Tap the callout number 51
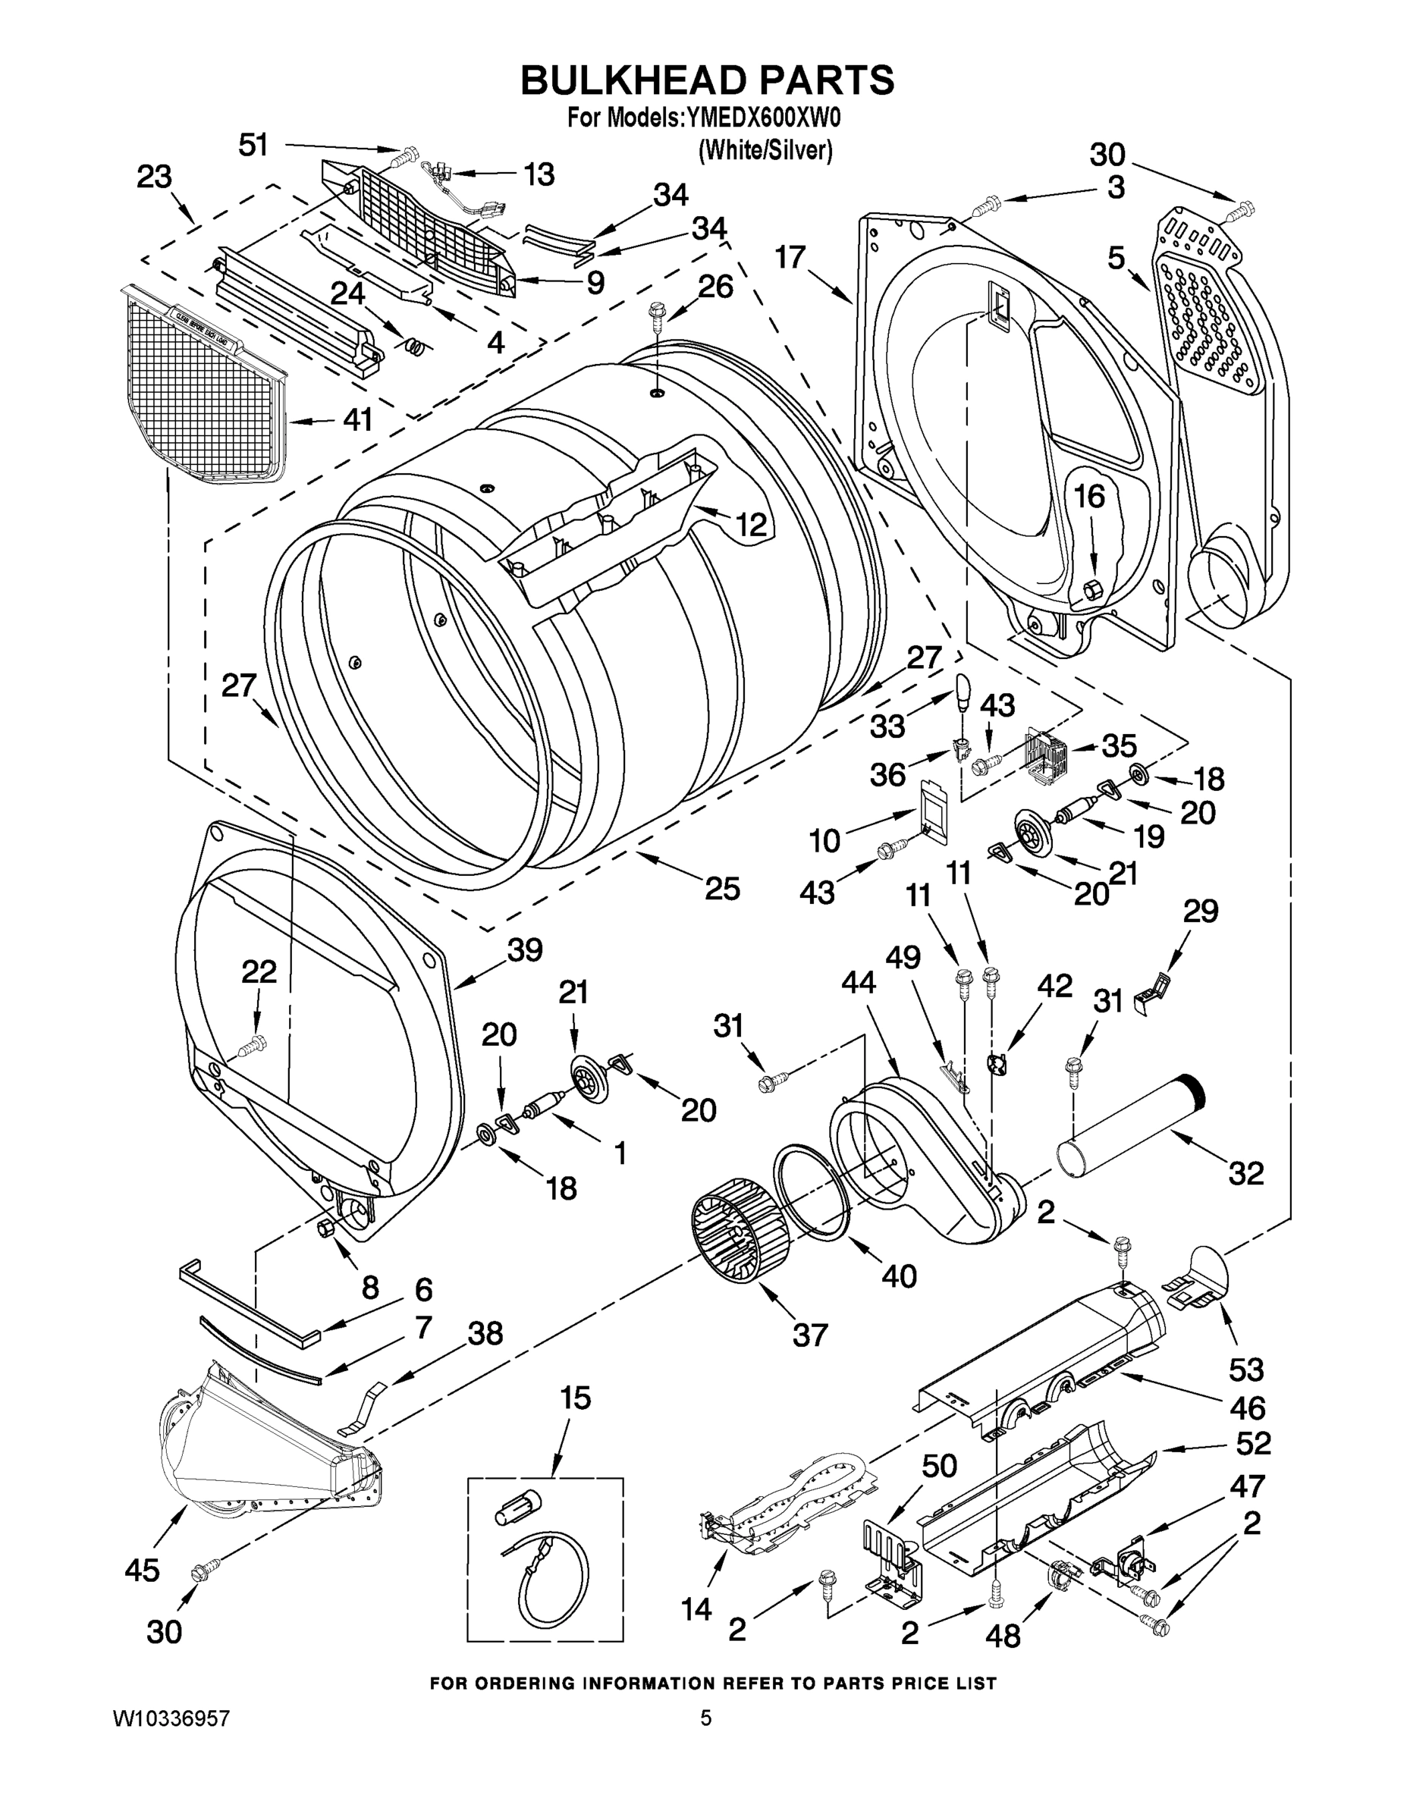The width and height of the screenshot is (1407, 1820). coord(254,145)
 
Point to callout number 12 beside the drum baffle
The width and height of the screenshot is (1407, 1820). coord(750,524)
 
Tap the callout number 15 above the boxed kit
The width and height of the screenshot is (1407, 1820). coord(575,1398)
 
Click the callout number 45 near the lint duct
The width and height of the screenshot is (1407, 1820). coord(142,1570)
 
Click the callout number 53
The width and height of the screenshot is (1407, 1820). coord(1246,1369)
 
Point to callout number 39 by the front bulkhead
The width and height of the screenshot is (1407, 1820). coord(524,950)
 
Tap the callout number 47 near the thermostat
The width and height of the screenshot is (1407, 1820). coord(1247,1486)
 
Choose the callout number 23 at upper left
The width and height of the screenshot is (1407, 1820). coord(154,177)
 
